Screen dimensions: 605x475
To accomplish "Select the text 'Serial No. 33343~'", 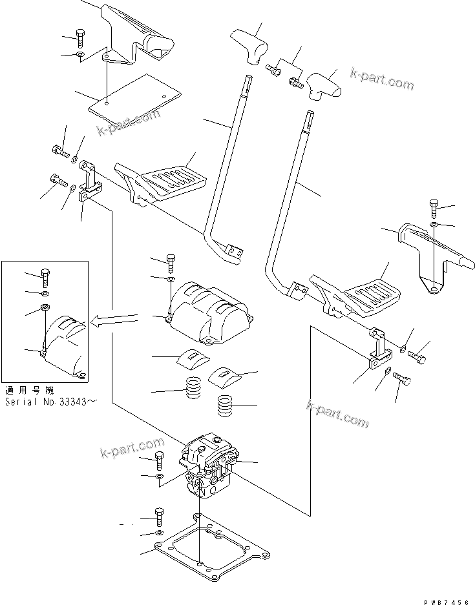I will [51, 401].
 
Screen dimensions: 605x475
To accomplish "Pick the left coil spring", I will [192, 389].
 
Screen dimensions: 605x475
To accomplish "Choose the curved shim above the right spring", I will [226, 373].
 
